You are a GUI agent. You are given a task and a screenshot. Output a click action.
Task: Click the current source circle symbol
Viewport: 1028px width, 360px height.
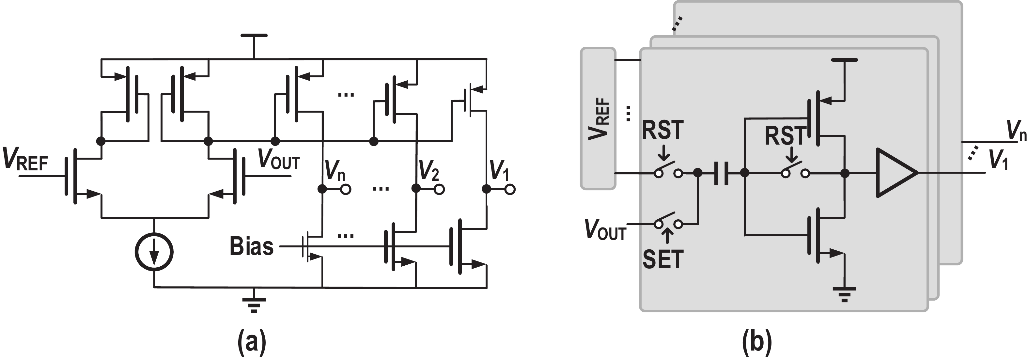(x=154, y=252)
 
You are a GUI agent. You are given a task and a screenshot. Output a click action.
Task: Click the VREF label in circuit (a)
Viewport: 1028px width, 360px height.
(x=25, y=159)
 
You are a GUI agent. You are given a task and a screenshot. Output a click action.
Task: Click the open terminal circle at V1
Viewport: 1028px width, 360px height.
(x=510, y=189)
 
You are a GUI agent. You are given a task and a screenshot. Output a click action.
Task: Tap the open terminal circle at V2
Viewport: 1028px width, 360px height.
(x=439, y=189)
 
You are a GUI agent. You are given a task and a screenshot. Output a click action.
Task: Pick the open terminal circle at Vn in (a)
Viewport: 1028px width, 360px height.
(x=346, y=189)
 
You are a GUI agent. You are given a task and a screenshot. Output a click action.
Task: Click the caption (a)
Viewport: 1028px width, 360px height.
(x=252, y=342)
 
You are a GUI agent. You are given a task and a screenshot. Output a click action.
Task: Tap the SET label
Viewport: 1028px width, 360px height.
(x=663, y=259)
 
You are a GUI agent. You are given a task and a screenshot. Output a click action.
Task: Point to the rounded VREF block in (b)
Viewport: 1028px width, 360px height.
(x=598, y=118)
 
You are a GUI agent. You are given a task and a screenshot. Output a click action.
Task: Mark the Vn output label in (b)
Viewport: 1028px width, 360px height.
(x=1016, y=130)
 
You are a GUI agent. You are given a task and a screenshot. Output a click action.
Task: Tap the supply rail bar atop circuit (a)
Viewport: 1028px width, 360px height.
(x=254, y=36)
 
